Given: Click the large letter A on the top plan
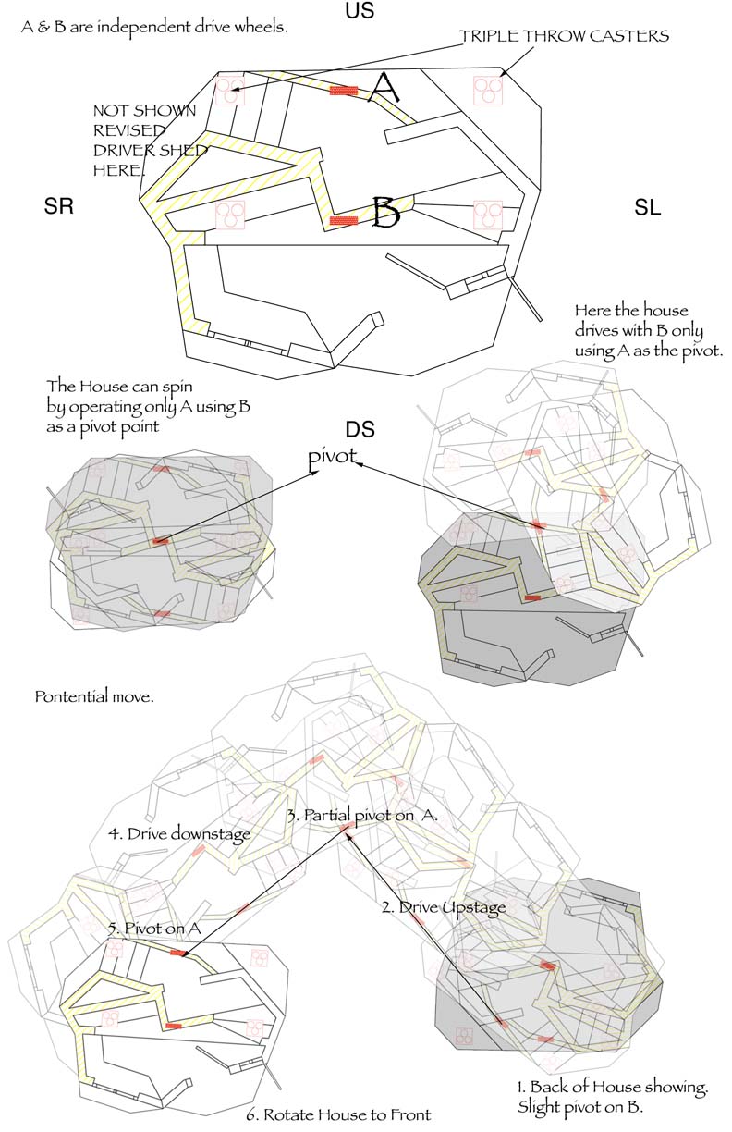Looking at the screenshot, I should pyautogui.click(x=384, y=90).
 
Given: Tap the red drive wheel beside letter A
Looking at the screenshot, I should pyautogui.click(x=344, y=91).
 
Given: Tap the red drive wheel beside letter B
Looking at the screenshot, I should pyautogui.click(x=343, y=220).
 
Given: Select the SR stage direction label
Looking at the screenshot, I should pyautogui.click(x=58, y=208).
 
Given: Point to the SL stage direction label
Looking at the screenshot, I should pyautogui.click(x=648, y=209).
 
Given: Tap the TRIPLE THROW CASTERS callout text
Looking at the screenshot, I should pyautogui.click(x=564, y=37).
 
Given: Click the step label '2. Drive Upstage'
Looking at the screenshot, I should pyautogui.click(x=444, y=907).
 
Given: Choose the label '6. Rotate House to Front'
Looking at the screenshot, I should pyautogui.click(x=347, y=1114).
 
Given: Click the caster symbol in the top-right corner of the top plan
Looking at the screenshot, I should pyautogui.click(x=486, y=90).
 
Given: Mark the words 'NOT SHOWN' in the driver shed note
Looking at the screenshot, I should pyautogui.click(x=144, y=110).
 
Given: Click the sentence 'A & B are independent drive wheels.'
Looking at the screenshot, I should pyautogui.click(x=154, y=27).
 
